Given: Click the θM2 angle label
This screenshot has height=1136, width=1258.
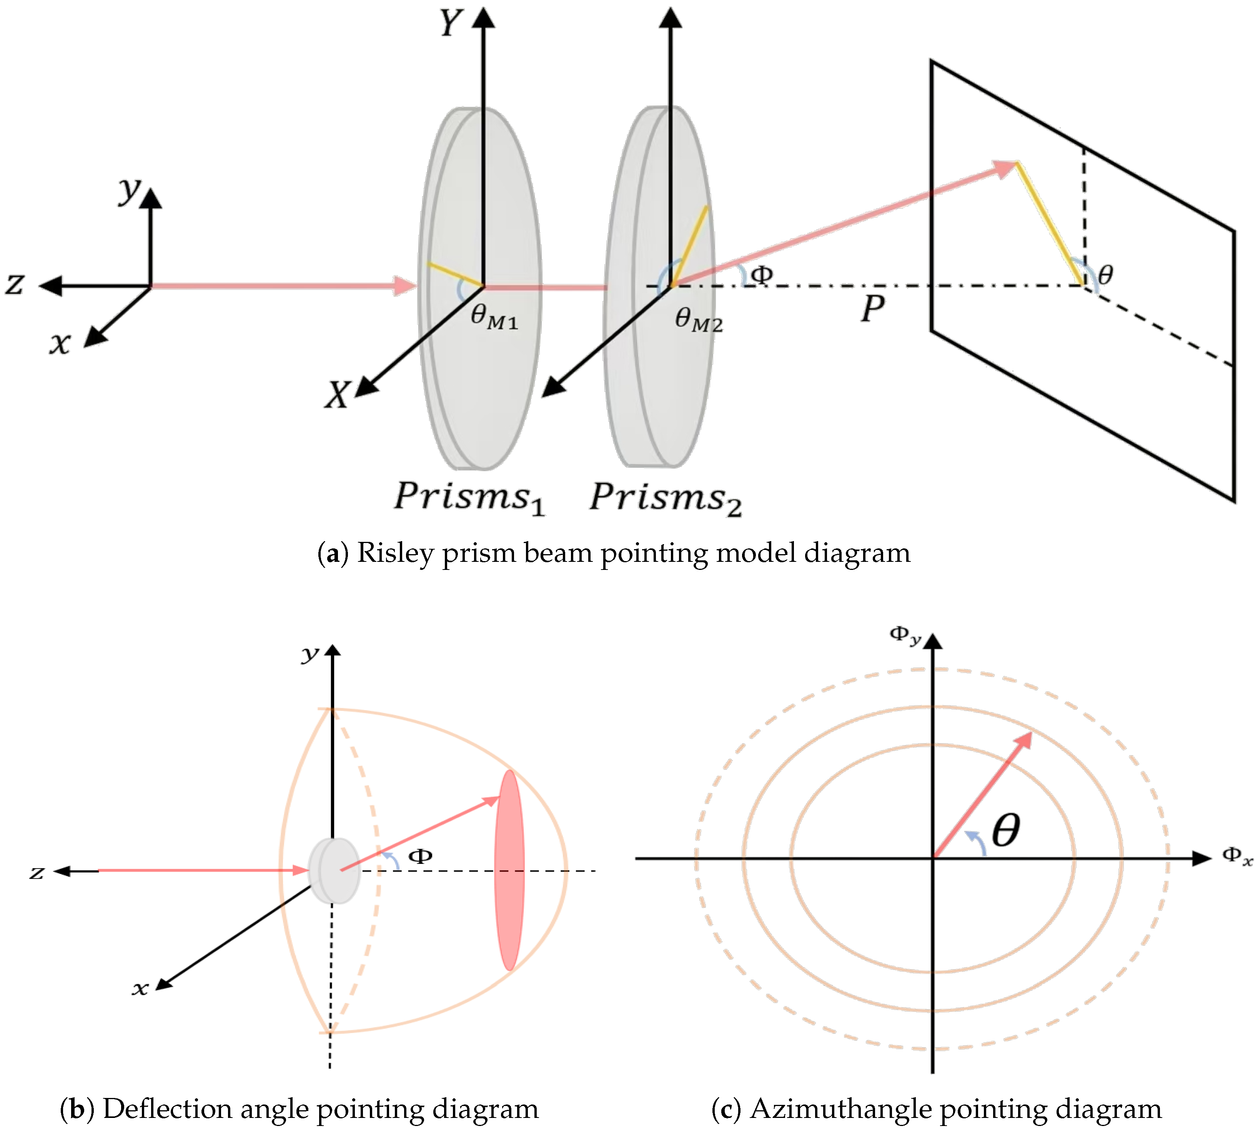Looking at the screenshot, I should point(698,321).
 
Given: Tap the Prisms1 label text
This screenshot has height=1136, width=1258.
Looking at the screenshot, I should point(469,498).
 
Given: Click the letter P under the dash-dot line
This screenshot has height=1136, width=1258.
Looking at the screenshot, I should point(872,308).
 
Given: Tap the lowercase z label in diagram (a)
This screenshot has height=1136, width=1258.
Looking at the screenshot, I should point(15,284).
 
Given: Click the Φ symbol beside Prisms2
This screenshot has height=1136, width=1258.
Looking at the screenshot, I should point(761,274).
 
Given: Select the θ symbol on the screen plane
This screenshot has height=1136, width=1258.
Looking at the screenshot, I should point(1105,274).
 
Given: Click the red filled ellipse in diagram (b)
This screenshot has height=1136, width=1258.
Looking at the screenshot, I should point(509,870).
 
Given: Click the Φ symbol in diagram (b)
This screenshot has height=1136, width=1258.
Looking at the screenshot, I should point(420,856).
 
